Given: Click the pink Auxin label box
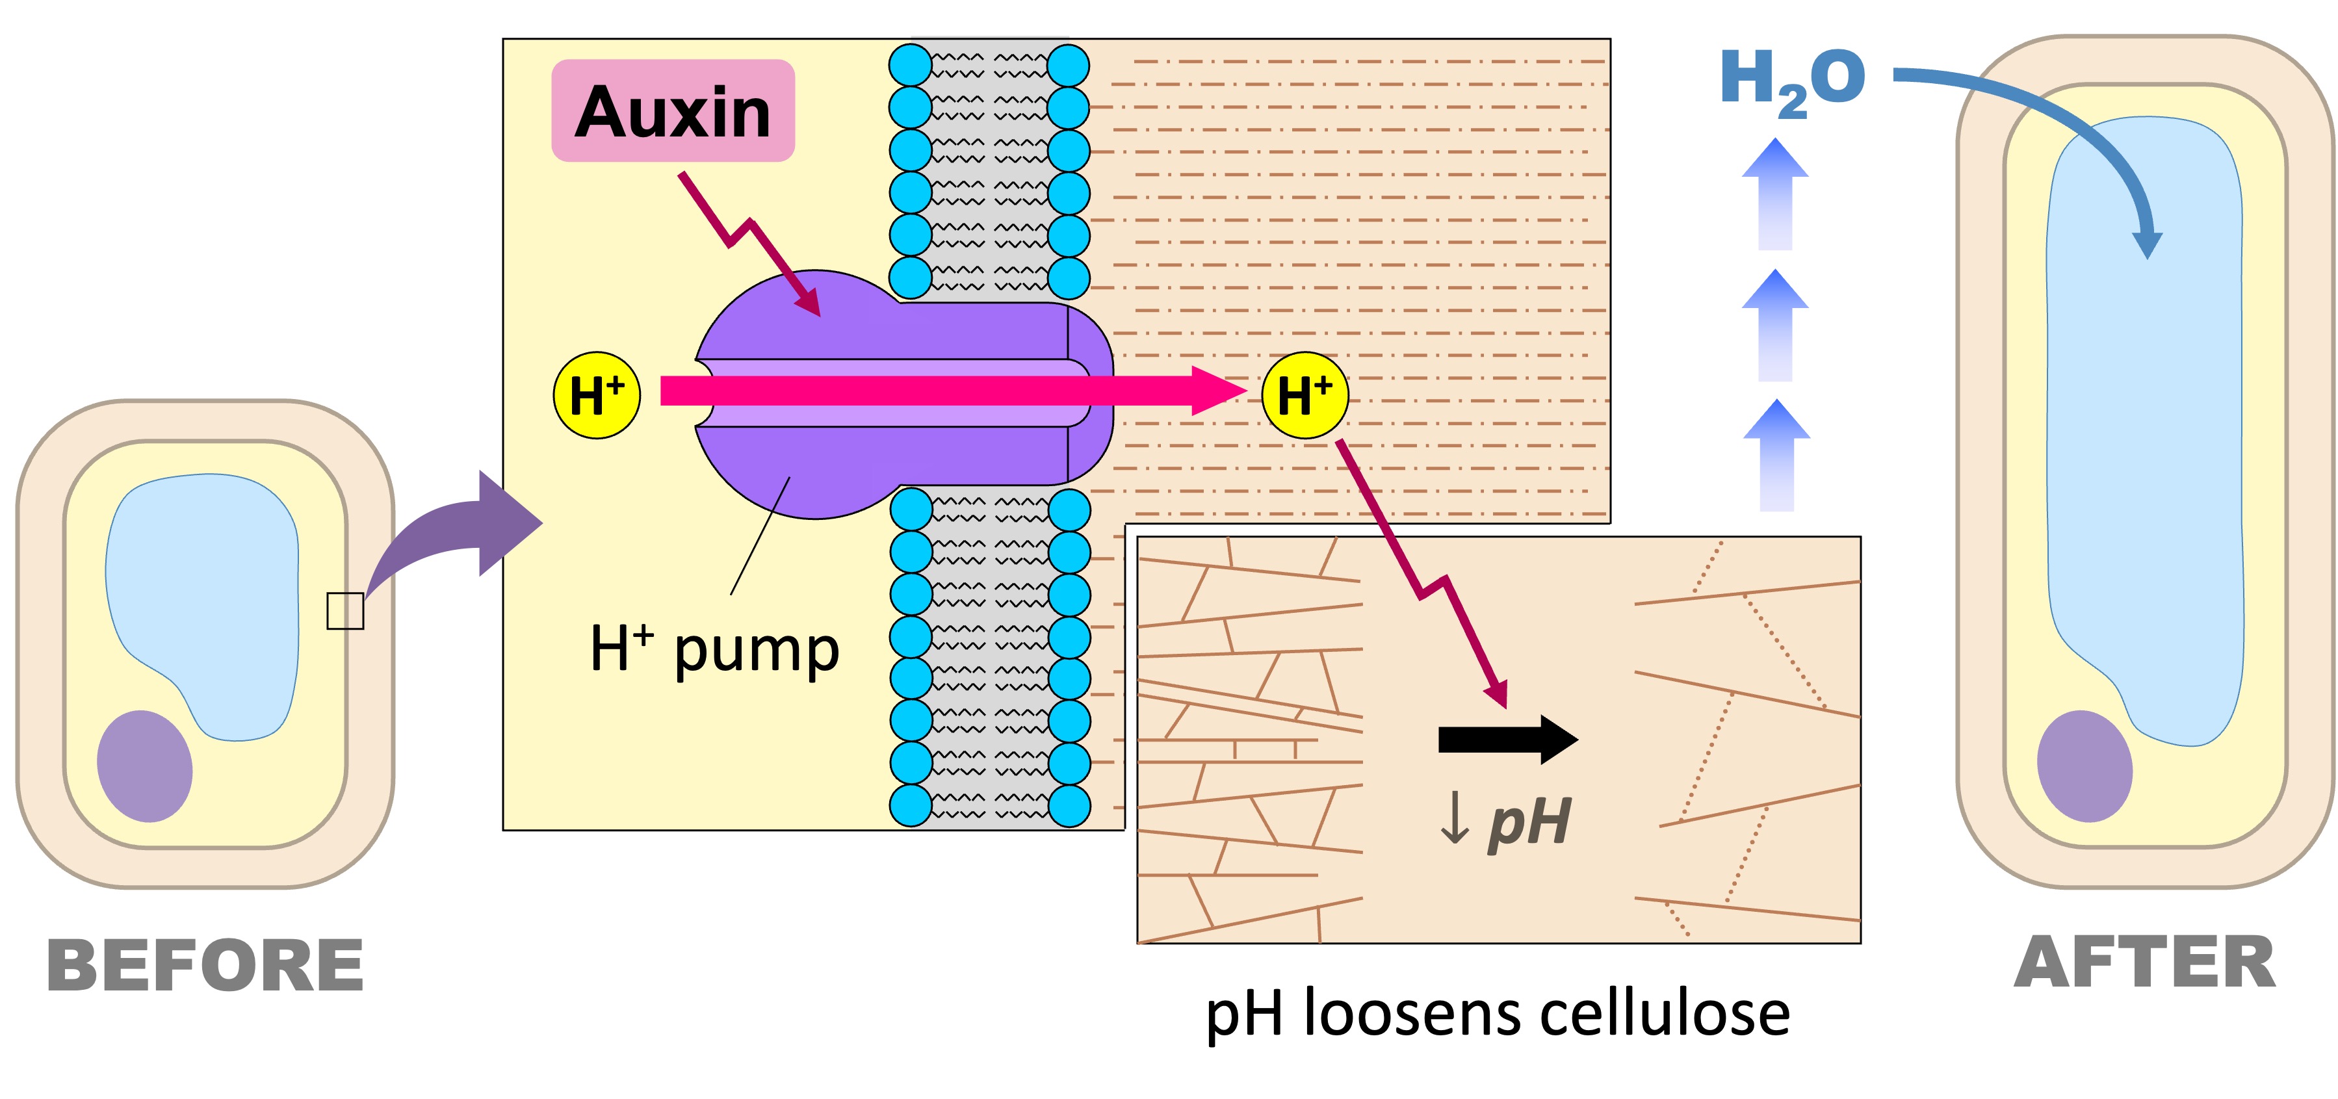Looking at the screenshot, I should [673, 110].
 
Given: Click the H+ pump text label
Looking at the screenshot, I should [714, 650].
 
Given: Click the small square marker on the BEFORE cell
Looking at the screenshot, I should [345, 611].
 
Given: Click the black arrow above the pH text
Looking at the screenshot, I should [1507, 740].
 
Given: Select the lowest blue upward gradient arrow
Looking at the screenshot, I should [1776, 455].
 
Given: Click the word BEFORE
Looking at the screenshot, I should [205, 966].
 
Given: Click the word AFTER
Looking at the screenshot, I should [2144, 963].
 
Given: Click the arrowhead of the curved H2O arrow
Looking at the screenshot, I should [2148, 243].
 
